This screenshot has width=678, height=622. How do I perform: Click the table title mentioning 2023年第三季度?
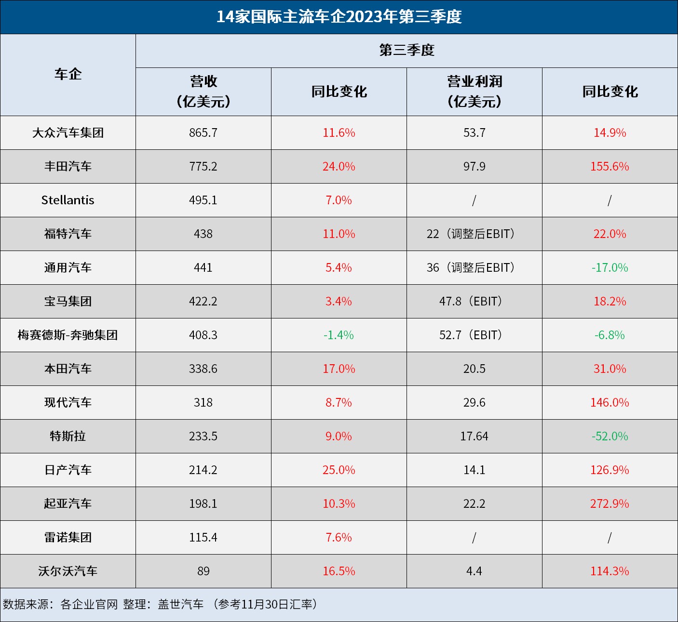(339, 17)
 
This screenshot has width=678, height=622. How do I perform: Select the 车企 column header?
(68, 75)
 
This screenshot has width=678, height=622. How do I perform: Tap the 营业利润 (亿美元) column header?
(475, 92)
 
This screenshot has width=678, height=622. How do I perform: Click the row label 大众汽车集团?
(68, 132)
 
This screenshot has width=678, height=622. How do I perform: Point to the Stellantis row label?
(68, 200)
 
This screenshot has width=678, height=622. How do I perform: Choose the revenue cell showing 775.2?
(203, 166)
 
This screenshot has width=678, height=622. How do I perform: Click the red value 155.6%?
(610, 166)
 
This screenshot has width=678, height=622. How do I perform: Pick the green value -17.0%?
(610, 267)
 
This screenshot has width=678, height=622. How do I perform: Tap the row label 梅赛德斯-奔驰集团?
(68, 335)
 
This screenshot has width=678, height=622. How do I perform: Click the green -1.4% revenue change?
(339, 335)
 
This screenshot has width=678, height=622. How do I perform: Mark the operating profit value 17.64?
(474, 436)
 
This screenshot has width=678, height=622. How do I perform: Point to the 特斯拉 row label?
(68, 436)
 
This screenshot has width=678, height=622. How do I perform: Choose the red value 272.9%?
(610, 503)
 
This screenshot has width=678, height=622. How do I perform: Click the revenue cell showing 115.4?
(203, 537)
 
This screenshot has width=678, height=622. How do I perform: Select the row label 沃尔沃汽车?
(68, 571)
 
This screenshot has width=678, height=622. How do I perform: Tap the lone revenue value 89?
(203, 571)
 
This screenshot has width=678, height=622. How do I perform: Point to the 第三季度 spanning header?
(407, 50)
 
